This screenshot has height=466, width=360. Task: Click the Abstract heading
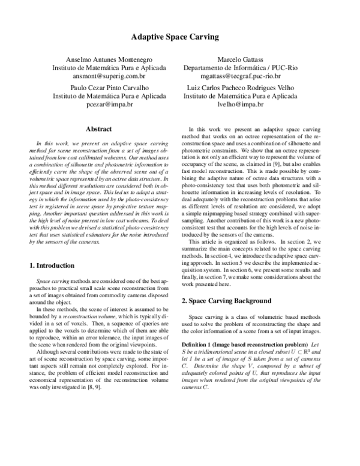point(100,129)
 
